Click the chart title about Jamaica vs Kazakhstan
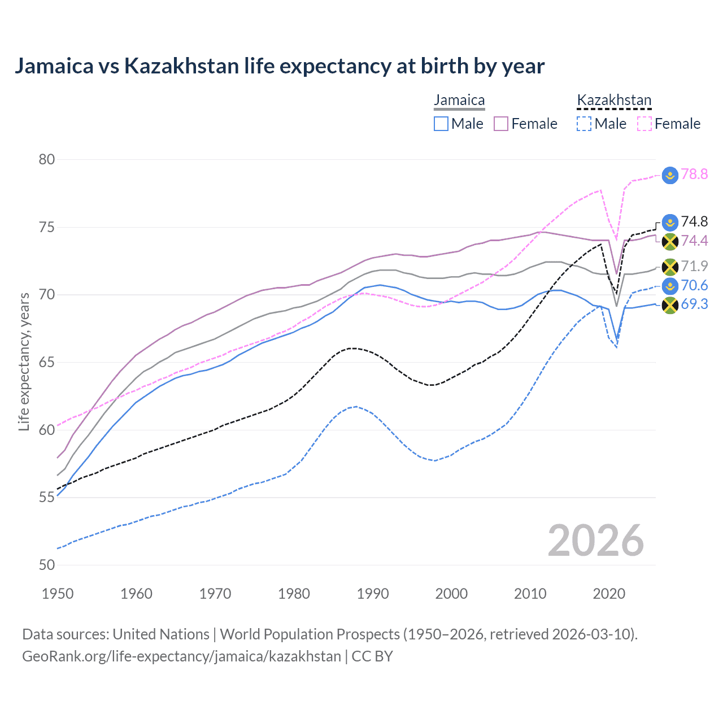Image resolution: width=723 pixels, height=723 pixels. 279,66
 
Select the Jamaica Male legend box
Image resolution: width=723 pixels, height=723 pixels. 441,124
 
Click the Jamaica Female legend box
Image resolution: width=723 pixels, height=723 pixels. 501,124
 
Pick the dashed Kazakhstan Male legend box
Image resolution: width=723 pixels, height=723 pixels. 584,124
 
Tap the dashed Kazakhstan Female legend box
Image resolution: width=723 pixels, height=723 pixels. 644,124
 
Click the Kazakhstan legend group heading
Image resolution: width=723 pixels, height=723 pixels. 614,100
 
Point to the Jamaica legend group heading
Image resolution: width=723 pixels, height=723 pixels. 459,100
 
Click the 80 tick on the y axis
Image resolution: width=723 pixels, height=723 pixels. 47,159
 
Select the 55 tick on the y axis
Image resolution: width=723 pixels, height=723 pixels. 47,498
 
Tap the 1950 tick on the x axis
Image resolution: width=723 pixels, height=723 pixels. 58,594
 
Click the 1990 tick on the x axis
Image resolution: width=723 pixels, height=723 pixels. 373,594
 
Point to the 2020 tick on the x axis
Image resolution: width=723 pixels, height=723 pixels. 609,594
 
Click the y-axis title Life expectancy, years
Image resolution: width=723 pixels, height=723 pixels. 24,361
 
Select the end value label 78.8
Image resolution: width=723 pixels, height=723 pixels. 694,174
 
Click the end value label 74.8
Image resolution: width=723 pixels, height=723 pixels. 694,221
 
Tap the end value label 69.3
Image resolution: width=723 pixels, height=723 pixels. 694,304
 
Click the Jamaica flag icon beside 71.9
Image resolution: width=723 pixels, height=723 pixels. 670,267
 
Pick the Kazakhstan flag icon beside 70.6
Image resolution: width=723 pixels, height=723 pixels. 670,286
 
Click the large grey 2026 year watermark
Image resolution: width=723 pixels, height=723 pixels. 595,541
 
